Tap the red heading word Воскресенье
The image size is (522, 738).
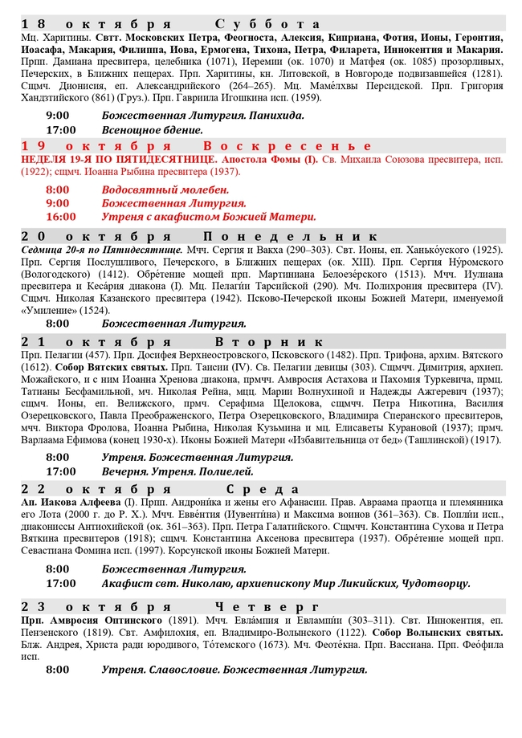pos(287,146)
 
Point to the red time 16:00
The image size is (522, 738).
pos(61,216)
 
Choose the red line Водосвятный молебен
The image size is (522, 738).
pos(165,190)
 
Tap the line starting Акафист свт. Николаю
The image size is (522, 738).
pos(285,583)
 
